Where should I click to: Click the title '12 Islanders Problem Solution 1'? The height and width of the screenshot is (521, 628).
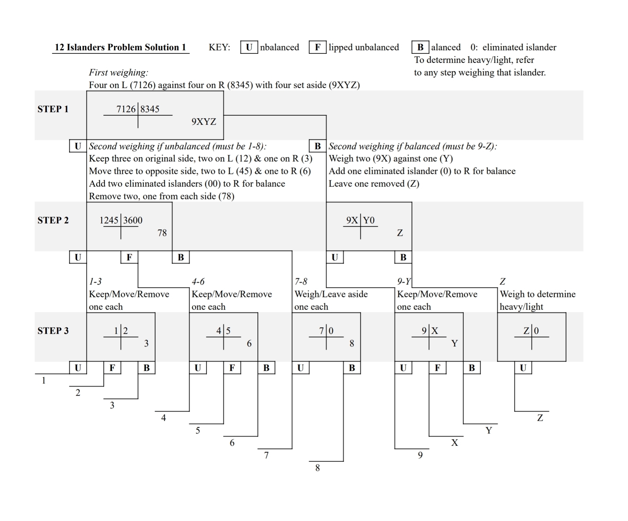click(x=120, y=47)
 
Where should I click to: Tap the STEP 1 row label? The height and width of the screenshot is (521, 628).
click(x=53, y=109)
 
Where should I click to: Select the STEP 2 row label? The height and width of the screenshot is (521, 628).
click(x=53, y=220)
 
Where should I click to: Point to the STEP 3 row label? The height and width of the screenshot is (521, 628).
click(x=53, y=331)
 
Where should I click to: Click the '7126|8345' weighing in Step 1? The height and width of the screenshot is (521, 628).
click(x=138, y=109)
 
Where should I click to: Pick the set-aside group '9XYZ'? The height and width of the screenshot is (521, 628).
click(x=204, y=122)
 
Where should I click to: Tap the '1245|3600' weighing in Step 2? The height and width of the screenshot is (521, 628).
click(x=121, y=221)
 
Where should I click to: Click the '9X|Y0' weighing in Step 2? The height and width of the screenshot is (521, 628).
click(x=360, y=221)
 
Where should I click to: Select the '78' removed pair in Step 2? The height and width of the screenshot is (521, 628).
click(x=162, y=233)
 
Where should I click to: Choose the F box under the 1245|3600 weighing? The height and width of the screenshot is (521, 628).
click(x=129, y=257)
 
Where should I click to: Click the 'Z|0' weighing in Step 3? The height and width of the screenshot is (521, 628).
click(x=531, y=331)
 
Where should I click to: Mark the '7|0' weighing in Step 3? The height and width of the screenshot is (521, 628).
click(x=326, y=331)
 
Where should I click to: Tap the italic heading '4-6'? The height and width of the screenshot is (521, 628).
click(x=198, y=281)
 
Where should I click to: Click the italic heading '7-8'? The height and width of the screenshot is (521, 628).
click(x=301, y=281)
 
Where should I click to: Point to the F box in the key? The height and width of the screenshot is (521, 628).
click(x=318, y=47)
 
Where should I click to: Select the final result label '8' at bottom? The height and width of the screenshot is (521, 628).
click(x=318, y=468)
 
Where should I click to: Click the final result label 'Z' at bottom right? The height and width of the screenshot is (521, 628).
click(x=540, y=418)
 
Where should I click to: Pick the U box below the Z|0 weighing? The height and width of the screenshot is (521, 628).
click(x=523, y=368)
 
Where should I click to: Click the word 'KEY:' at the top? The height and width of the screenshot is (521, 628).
click(x=219, y=47)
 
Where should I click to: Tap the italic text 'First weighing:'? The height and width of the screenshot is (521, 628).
click(x=119, y=72)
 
